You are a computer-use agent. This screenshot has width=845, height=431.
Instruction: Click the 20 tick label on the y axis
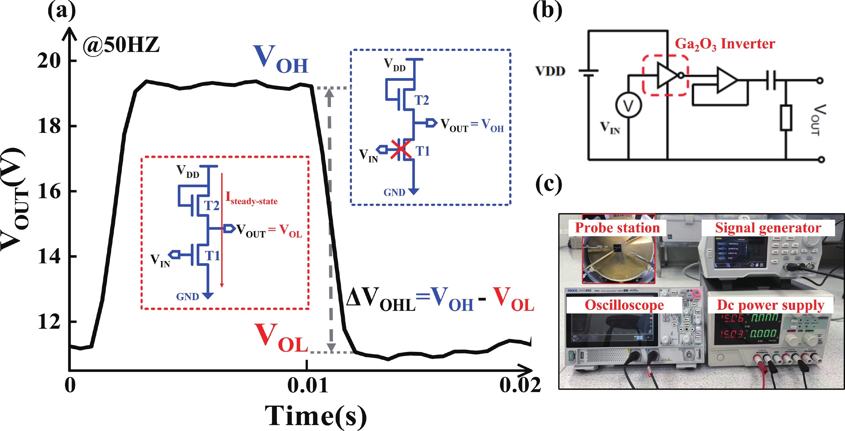[49, 61]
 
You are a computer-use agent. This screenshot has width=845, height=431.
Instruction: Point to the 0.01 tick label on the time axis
[307, 385]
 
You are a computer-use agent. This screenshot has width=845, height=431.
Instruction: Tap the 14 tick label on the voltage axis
[49, 256]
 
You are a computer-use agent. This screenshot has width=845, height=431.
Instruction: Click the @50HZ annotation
[121, 45]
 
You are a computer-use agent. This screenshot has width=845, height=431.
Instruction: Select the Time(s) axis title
[315, 416]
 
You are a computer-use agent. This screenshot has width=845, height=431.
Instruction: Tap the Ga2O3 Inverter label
[725, 44]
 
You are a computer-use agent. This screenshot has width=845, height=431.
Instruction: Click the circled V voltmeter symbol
[628, 106]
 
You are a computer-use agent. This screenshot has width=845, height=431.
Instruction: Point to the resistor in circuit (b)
[786, 118]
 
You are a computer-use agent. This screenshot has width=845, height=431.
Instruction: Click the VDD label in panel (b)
[550, 71]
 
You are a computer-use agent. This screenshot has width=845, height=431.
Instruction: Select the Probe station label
[617, 228]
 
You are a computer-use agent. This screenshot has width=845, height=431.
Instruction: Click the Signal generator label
[768, 228]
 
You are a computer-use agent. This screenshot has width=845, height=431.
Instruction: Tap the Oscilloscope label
[624, 305]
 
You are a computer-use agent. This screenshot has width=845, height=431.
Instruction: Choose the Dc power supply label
[770, 305]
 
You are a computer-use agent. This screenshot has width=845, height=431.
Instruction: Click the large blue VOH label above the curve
[281, 59]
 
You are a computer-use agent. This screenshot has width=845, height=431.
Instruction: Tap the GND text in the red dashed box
[188, 297]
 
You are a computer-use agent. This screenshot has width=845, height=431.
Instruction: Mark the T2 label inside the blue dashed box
[421, 100]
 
